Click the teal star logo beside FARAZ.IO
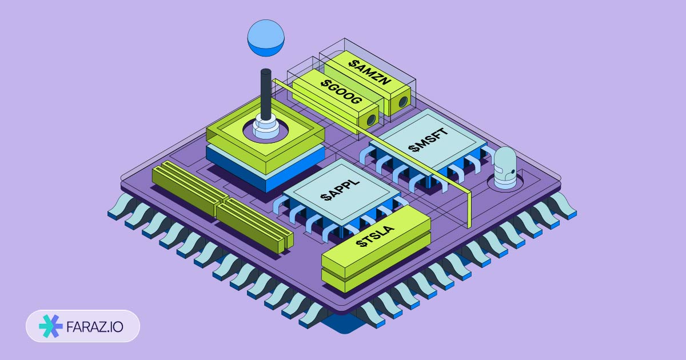coord(50,326)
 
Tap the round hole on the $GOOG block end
coord(371,120)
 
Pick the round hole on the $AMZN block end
coord(403,102)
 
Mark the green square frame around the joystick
coord(229,137)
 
